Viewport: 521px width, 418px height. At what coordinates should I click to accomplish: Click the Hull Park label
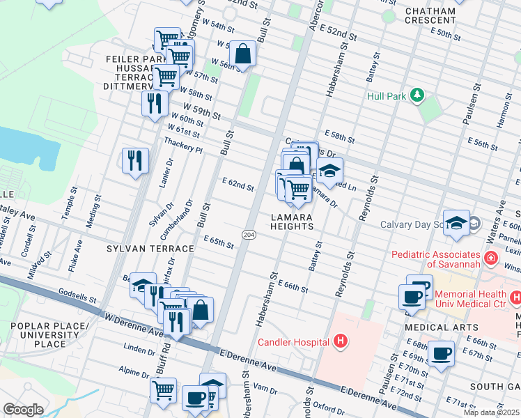(x=387, y=95)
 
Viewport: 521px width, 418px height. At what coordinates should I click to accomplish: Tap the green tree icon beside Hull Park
(x=417, y=94)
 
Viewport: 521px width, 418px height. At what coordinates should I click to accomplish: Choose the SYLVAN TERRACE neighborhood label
(x=150, y=249)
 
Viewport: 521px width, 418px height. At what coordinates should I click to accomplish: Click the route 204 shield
(x=249, y=235)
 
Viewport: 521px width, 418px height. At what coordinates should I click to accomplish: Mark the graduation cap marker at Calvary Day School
(x=457, y=222)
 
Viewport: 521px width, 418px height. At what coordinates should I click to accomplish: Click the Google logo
(x=23, y=410)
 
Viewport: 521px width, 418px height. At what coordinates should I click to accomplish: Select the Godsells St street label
(x=77, y=296)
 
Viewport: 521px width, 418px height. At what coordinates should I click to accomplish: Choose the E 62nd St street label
(x=238, y=185)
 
